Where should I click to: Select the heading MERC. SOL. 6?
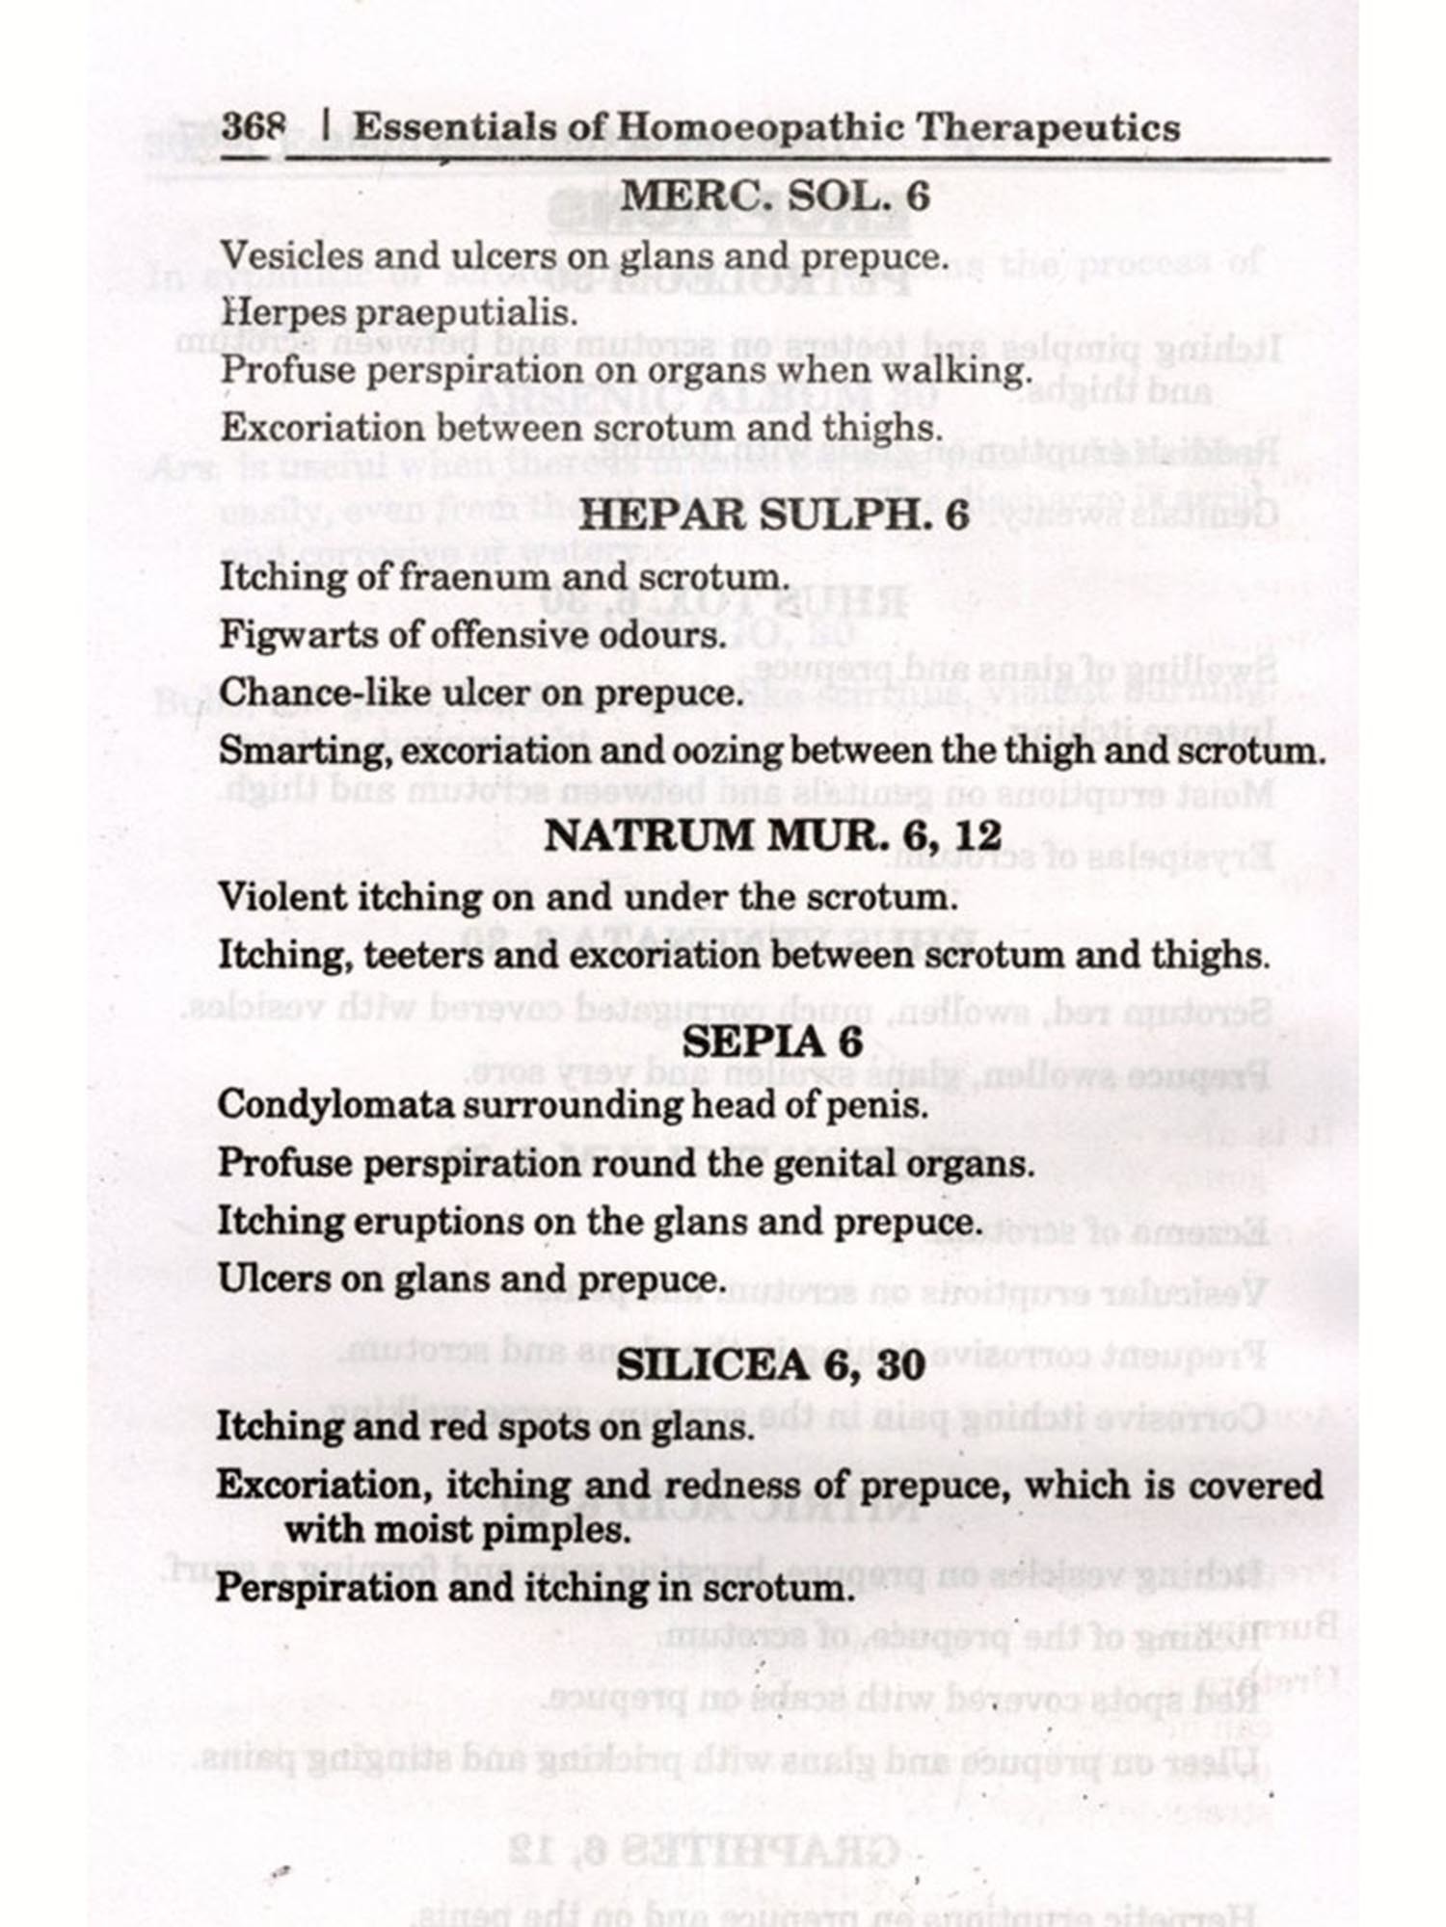774,197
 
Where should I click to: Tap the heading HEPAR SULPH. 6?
773,515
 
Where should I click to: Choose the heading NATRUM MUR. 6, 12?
773,835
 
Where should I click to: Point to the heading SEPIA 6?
772,1043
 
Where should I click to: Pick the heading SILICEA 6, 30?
771,1364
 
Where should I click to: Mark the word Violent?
281,897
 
